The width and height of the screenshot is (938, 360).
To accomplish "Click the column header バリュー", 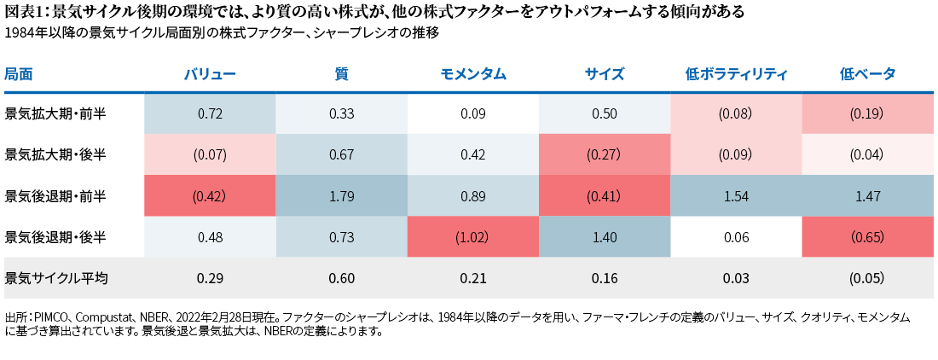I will click(x=210, y=74).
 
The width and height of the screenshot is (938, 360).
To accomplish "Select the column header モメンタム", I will click(x=473, y=74).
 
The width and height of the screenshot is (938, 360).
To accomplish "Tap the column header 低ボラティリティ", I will click(x=736, y=74).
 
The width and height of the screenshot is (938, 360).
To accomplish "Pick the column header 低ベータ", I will click(x=867, y=74).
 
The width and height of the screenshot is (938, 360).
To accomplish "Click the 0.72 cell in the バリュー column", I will click(x=210, y=113).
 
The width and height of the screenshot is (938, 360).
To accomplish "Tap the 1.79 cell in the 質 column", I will click(x=341, y=196).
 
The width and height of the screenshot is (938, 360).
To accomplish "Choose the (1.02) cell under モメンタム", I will click(x=473, y=237).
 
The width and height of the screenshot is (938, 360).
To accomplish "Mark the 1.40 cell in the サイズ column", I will click(x=605, y=237).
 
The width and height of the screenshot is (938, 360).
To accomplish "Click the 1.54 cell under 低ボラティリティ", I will click(x=736, y=196).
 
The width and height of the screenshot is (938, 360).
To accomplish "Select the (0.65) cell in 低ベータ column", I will click(x=867, y=237).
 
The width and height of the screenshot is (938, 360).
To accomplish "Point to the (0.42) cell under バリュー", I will click(x=210, y=196).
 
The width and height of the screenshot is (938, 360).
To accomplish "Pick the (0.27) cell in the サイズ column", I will click(x=605, y=154).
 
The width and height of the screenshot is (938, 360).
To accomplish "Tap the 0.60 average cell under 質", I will click(x=341, y=278).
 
